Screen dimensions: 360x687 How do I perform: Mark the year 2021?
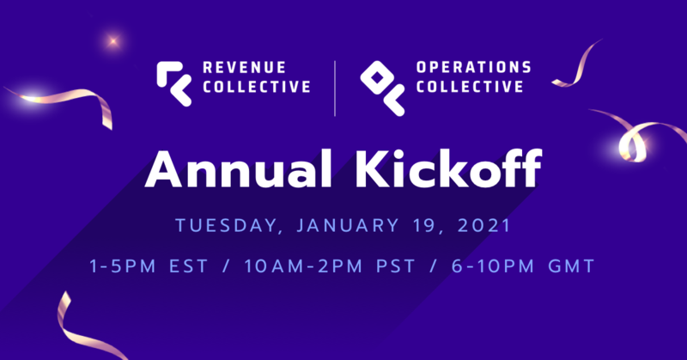(x=484, y=226)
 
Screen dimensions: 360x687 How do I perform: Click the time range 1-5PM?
(x=122, y=267)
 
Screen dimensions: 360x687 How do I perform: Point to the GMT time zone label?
(x=570, y=267)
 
